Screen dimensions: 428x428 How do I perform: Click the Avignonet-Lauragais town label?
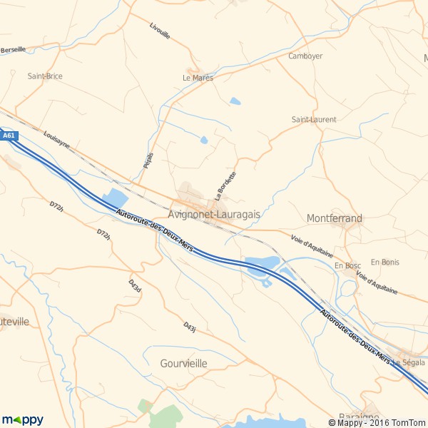click(x=214, y=214)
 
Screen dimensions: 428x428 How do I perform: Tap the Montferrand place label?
click(x=334, y=218)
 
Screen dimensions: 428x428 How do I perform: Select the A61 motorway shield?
click(x=8, y=136)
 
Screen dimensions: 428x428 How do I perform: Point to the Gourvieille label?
click(x=183, y=364)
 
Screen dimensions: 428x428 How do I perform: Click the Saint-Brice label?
click(x=45, y=76)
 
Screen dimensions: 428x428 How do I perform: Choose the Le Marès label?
click(x=198, y=78)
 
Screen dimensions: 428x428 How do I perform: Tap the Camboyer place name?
click(x=305, y=56)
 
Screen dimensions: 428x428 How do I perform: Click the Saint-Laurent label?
click(x=314, y=120)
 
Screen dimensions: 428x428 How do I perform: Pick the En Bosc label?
click(x=348, y=266)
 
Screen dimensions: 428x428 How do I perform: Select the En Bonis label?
click(x=385, y=263)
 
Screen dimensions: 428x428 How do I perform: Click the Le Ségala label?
click(x=408, y=362)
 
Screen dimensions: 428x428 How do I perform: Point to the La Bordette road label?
click(x=225, y=185)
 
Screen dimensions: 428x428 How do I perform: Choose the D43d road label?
click(x=135, y=285)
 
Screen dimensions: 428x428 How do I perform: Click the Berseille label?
click(x=13, y=50)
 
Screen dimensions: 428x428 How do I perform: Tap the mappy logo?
click(x=22, y=419)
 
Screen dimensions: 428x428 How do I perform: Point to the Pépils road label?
click(x=148, y=159)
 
